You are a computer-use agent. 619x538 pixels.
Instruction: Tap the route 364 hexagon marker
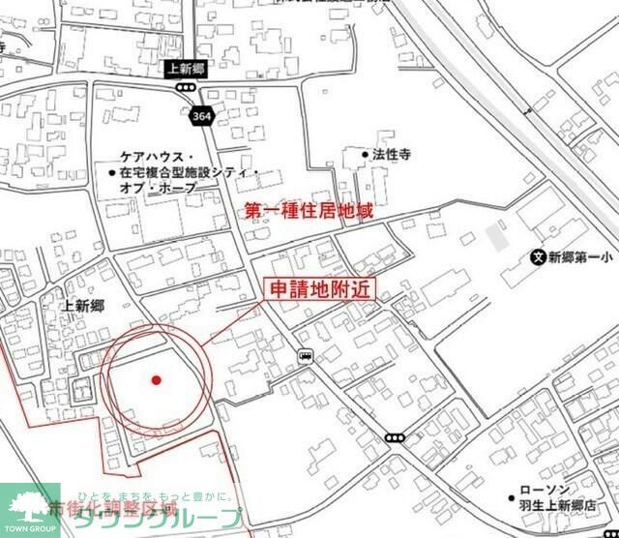pos(201,115)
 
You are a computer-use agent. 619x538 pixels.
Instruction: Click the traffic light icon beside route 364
pos(184,87)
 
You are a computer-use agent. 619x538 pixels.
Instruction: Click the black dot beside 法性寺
pos(366,154)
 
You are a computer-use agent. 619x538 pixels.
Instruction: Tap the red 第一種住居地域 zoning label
pos(308,209)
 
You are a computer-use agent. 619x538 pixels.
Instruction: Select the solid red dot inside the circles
pos(156,380)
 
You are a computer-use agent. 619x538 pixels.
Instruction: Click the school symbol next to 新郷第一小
pos(538,257)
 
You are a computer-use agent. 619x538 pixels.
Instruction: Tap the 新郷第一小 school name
pos(580,257)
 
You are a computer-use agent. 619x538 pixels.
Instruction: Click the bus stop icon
pos(305,355)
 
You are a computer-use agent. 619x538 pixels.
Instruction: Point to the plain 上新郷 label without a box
pos(82,306)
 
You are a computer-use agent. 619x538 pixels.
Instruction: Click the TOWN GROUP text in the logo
pos(29,529)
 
